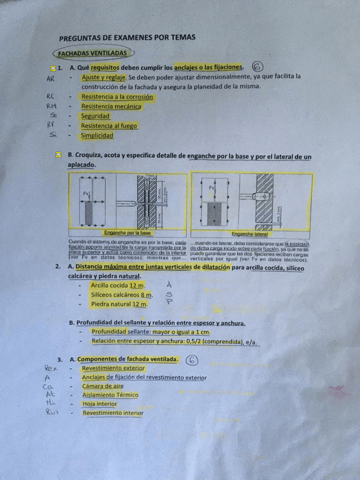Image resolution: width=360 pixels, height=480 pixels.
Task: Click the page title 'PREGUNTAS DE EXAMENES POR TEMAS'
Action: coord(127,37)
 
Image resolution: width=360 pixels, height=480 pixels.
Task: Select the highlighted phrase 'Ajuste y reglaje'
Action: coord(103,76)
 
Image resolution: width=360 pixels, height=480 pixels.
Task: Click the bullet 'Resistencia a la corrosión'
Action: coord(117,97)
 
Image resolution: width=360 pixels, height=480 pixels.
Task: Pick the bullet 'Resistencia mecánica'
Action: coord(112,106)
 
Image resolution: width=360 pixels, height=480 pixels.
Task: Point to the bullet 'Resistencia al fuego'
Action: coord(109,126)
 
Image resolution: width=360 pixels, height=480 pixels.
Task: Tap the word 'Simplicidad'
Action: coord(97,136)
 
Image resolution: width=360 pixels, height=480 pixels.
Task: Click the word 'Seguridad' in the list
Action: coord(95,116)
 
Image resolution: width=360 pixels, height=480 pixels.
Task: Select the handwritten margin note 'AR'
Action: coord(50,79)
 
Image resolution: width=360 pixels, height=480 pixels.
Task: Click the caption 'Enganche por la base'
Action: coord(127,233)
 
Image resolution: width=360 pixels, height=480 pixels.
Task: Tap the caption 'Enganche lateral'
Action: coord(250,233)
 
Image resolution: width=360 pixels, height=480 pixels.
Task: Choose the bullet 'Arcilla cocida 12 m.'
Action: coord(118,285)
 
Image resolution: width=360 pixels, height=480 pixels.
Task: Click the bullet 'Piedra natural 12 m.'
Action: coord(119,304)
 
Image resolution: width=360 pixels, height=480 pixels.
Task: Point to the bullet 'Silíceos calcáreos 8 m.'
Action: coord(122,295)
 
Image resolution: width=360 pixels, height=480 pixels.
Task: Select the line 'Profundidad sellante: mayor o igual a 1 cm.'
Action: coord(151,332)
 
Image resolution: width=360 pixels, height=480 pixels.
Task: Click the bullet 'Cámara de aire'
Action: coord(102,386)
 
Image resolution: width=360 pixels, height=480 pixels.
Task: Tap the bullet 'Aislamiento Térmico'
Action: coord(110,395)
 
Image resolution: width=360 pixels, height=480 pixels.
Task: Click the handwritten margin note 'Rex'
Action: coord(50,368)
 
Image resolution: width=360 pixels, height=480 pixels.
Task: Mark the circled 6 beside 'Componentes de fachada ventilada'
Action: coord(192,359)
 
